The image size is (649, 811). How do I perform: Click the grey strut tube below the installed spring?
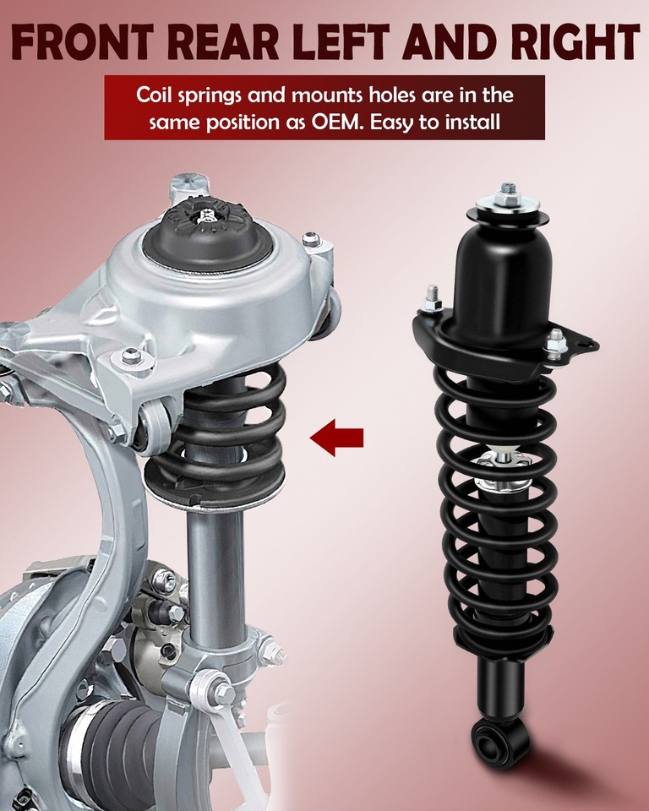tap(215, 574)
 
